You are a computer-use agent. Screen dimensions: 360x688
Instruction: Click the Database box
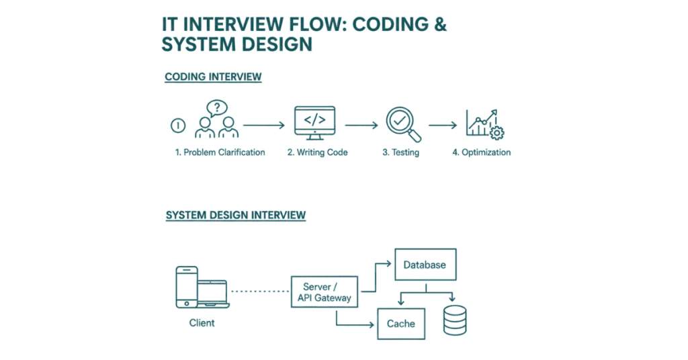pyautogui.click(x=425, y=265)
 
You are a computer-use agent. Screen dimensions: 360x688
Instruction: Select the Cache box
pyautogui.click(x=400, y=324)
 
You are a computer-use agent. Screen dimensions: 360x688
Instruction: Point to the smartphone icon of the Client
pyautogui.click(x=186, y=288)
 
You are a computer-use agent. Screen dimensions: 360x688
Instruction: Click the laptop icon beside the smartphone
pyautogui.click(x=213, y=296)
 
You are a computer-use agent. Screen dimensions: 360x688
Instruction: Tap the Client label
pyautogui.click(x=202, y=323)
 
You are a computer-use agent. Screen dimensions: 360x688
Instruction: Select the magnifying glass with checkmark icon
pyautogui.click(x=403, y=124)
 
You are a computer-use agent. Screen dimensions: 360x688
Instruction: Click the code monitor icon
pyautogui.click(x=315, y=121)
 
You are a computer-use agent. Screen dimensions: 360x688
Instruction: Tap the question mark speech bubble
pyautogui.click(x=217, y=107)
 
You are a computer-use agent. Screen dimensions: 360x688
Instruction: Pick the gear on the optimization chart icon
pyautogui.click(x=499, y=132)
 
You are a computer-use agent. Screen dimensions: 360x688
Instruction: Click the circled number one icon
pyautogui.click(x=178, y=125)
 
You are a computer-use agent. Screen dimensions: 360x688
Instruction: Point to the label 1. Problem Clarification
pyautogui.click(x=220, y=152)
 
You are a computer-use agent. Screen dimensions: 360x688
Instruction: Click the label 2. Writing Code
pyautogui.click(x=317, y=152)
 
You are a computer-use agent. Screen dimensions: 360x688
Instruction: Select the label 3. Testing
pyautogui.click(x=400, y=152)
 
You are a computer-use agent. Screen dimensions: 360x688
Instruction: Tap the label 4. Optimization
pyautogui.click(x=481, y=152)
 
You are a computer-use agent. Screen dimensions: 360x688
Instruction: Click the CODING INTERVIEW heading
pyautogui.click(x=213, y=77)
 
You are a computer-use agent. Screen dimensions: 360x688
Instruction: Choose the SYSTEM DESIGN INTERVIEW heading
pyautogui.click(x=235, y=216)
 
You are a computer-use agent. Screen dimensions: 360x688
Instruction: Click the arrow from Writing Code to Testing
pyautogui.click(x=361, y=125)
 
